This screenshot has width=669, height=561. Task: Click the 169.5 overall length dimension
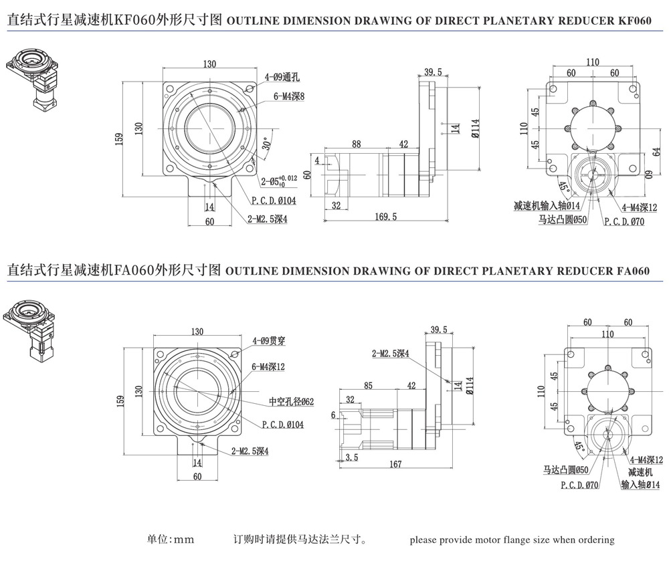(x=387, y=216)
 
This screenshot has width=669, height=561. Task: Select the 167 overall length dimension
(x=395, y=464)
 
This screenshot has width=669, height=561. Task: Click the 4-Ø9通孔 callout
(x=282, y=78)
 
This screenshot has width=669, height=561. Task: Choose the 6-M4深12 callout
(x=269, y=366)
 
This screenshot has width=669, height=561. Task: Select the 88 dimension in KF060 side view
(x=356, y=143)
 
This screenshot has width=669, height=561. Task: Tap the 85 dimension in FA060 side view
(x=368, y=385)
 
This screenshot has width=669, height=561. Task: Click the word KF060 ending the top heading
(x=632, y=20)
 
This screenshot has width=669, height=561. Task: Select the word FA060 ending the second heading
(x=632, y=271)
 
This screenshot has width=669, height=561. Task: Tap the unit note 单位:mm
(x=170, y=540)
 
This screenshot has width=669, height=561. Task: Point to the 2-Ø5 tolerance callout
(x=277, y=179)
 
